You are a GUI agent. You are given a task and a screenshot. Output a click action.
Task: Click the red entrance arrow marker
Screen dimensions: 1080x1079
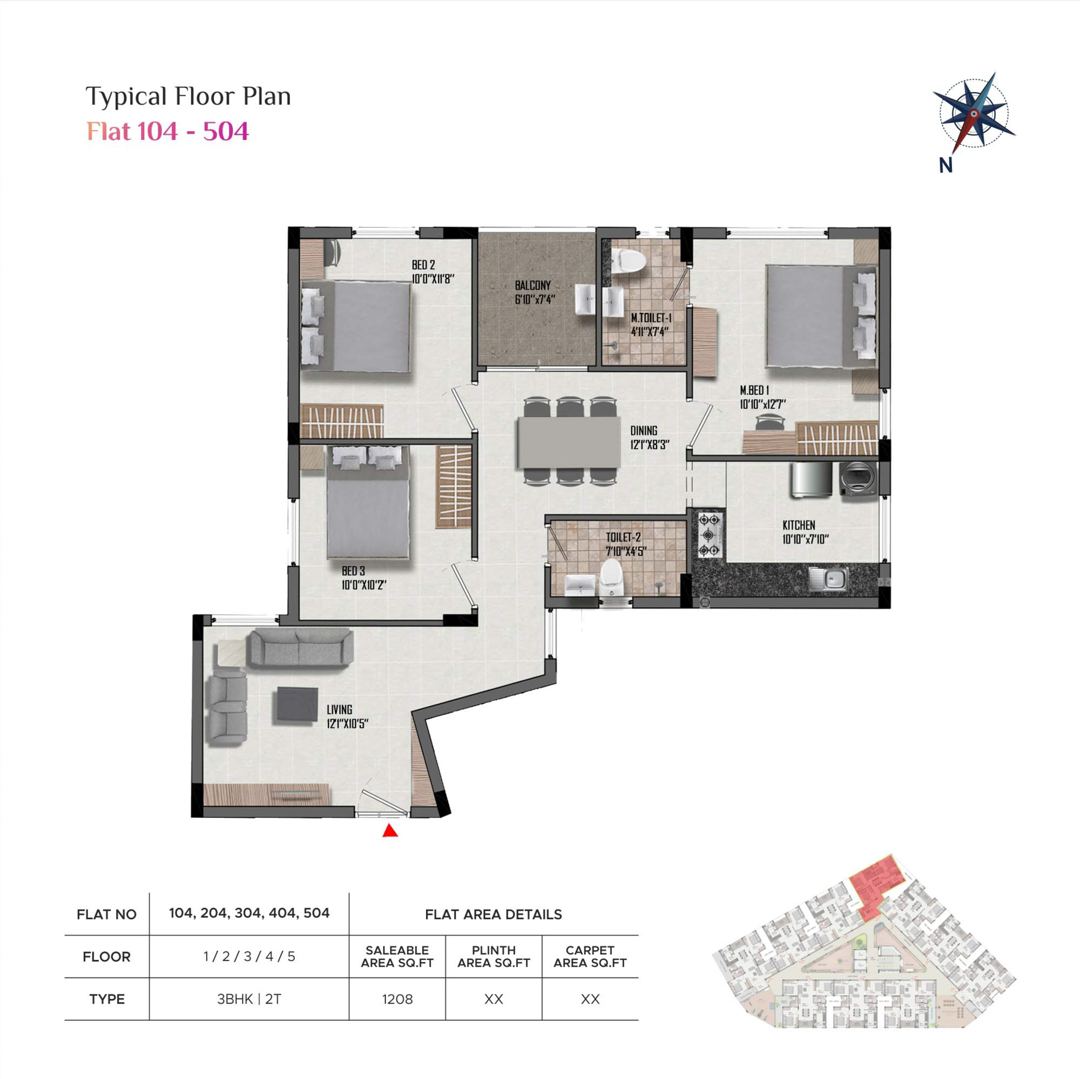pos(390,831)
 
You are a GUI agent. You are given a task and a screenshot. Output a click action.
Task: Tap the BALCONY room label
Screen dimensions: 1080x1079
pos(533,286)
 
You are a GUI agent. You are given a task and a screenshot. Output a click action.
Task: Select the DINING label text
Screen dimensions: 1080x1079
pos(644,431)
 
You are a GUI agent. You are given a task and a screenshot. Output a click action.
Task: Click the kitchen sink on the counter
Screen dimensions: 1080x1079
pos(828,578)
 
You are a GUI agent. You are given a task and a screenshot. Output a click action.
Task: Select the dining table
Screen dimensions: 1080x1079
pos(569,442)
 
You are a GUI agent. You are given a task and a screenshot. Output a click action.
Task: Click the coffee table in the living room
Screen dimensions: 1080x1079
pos(298,705)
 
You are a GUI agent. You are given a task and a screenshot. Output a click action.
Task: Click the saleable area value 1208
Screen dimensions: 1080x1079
pos(397,1000)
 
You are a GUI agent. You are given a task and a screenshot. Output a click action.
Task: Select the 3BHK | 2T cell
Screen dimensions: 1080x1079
pos(249,999)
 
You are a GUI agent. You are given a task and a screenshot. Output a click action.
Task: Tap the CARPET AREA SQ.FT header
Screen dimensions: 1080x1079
pos(590,956)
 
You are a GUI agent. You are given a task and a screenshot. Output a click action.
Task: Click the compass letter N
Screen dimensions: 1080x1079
pos(946,165)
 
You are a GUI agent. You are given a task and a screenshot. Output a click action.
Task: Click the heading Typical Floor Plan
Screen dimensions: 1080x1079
pos(188,96)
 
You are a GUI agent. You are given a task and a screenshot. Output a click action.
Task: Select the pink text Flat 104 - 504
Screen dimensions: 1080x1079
pos(168,131)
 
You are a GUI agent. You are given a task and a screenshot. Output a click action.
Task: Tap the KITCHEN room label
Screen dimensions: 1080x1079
pos(799,525)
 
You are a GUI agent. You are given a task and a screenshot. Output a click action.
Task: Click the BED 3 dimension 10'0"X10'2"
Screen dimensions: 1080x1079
pos(364,585)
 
